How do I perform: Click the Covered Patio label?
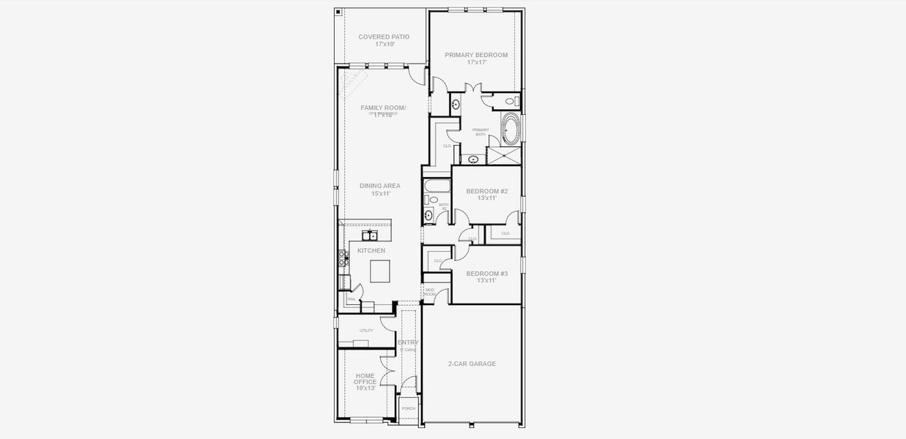(x=383, y=40)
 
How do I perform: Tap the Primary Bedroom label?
(x=476, y=59)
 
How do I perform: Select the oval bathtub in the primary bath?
(x=511, y=130)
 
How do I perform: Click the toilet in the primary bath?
(x=516, y=102)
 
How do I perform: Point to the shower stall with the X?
(x=505, y=156)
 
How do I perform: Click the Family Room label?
(x=383, y=111)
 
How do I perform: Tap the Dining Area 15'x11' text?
(x=380, y=190)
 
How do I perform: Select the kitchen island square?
(x=380, y=271)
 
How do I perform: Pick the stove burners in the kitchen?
(x=341, y=257)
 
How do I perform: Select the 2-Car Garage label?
(x=472, y=364)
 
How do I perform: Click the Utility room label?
(x=366, y=331)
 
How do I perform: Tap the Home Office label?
(x=365, y=381)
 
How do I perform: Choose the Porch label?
(x=408, y=408)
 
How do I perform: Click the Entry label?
(x=407, y=342)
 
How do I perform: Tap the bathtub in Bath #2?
(x=432, y=184)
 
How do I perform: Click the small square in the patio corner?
(x=338, y=12)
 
